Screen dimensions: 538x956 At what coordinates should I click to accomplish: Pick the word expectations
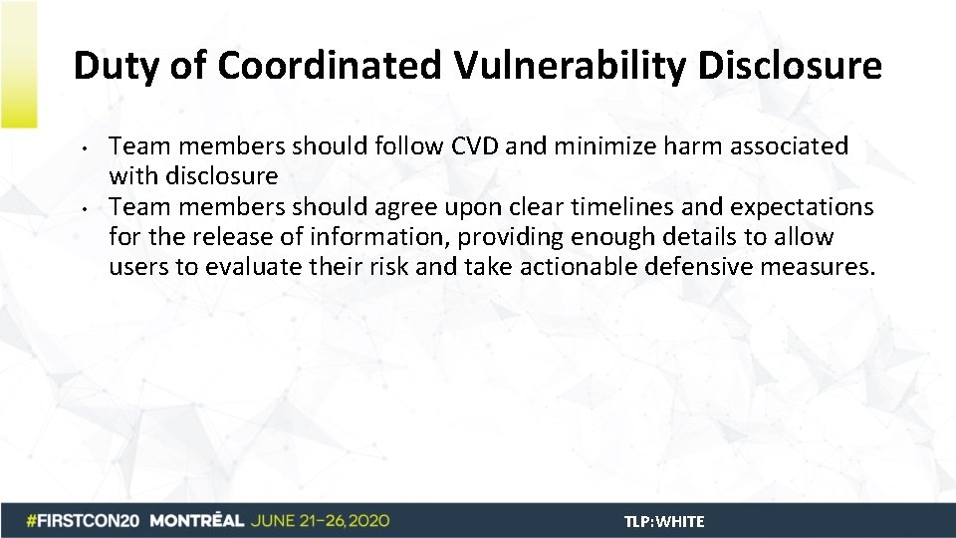pos(802,207)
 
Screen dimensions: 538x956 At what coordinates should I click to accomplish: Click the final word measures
pos(827,267)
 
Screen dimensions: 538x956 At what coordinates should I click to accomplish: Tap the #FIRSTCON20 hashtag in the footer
pos(85,521)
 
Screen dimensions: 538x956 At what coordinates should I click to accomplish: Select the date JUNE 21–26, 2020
pos(320,521)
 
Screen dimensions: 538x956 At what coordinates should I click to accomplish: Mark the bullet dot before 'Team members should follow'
pos(89,149)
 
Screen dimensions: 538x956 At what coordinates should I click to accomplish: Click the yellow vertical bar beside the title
pos(18,65)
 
